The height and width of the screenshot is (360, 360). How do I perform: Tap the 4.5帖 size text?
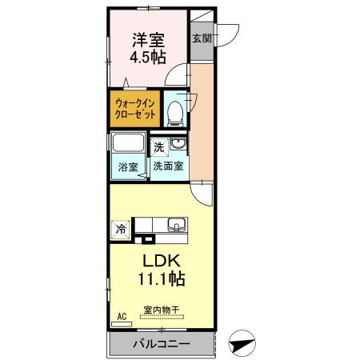tap(148, 57)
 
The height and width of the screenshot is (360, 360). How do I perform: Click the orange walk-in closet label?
tap(134, 108)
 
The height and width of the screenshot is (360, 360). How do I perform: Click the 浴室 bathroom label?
tap(128, 167)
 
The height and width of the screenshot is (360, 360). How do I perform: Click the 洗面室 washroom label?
tap(169, 167)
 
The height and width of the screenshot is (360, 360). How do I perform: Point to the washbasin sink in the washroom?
tap(178, 145)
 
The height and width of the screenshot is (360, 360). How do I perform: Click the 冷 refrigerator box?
tap(120, 228)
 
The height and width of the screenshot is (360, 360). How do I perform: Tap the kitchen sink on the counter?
tap(175, 224)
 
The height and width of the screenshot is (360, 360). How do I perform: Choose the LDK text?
tap(164, 261)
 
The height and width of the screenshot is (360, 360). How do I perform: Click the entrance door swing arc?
tap(228, 32)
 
